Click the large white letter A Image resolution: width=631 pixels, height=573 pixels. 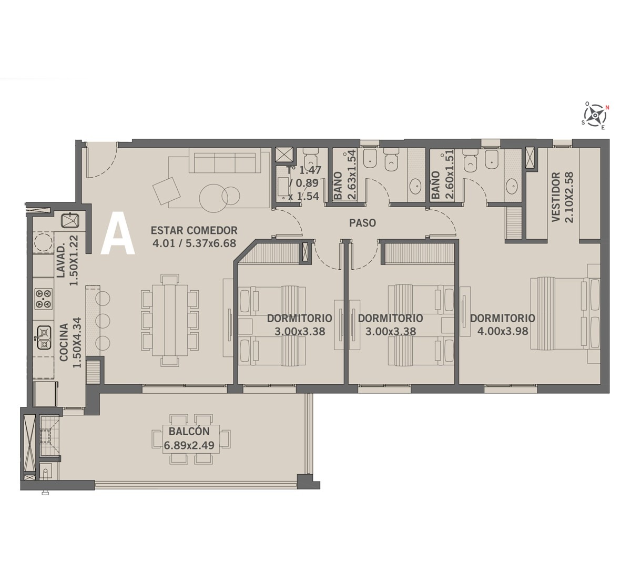tap(118, 237)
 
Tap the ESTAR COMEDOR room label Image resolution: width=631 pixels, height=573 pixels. tap(194, 231)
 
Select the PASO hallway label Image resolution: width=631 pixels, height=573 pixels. tap(362, 223)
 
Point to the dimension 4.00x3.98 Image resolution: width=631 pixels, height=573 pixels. tap(503, 331)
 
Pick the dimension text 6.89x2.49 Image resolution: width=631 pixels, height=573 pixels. tap(189, 445)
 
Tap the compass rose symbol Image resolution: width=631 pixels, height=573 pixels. tap(595, 116)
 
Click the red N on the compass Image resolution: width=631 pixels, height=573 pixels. tap(607, 108)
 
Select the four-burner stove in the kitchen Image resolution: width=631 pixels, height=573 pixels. tap(44, 299)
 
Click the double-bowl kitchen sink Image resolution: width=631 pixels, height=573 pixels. tap(44, 337)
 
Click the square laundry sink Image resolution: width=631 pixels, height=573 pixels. tap(70, 220)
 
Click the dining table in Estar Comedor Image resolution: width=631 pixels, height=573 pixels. tap(170, 320)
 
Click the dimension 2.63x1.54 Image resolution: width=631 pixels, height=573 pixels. tap(352, 175)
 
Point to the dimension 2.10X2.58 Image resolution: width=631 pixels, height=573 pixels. tap(569, 197)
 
